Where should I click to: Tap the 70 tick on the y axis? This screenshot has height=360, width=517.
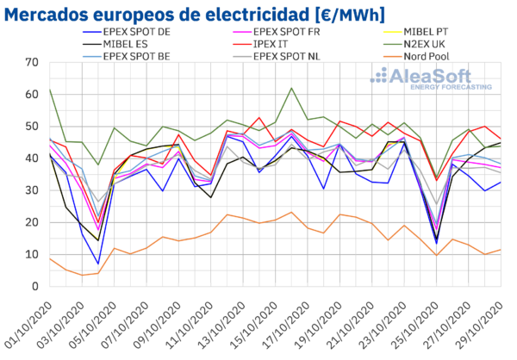coord(32,62)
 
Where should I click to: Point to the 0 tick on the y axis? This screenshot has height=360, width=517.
coord(35,286)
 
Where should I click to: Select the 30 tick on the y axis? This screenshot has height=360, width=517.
coord(32,190)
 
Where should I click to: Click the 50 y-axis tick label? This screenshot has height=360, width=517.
coord(32,127)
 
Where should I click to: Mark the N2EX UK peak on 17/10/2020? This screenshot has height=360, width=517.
coord(292,88)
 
